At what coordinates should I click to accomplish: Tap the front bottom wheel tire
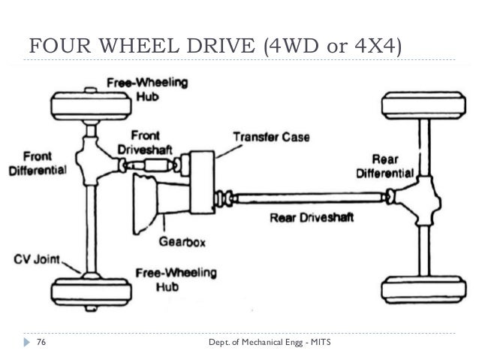[89, 290]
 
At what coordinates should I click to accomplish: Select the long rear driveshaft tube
[308, 198]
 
